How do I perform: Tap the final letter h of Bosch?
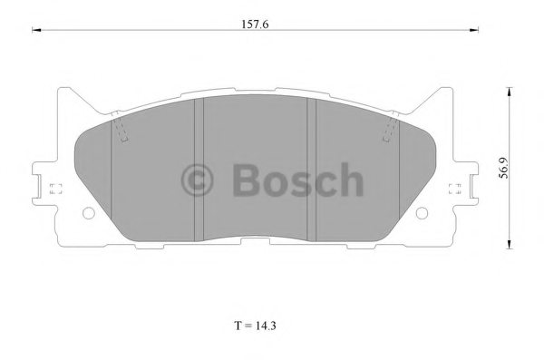(x=349, y=180)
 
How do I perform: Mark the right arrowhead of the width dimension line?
(x=476, y=33)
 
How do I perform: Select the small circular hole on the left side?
(x=88, y=215)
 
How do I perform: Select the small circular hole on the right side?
(x=423, y=215)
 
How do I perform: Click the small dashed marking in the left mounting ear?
(x=53, y=189)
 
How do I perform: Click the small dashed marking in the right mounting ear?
(x=458, y=189)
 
